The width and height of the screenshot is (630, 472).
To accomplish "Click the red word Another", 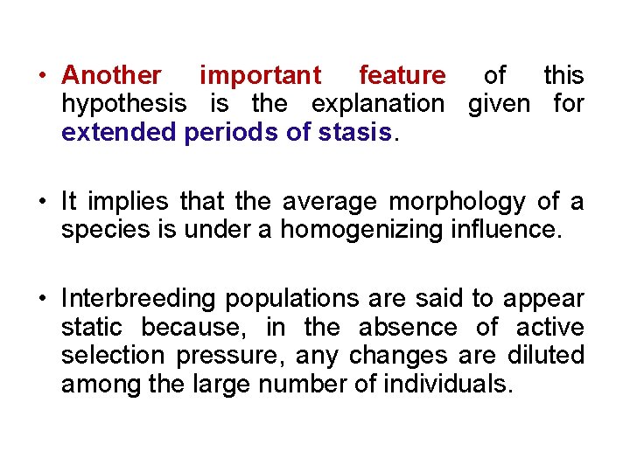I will (111, 76).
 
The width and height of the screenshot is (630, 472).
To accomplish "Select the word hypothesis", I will (123, 104).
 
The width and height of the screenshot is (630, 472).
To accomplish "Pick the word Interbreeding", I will (139, 299).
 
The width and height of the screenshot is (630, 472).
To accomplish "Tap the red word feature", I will (402, 76).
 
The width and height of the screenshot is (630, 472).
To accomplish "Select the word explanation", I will (378, 104).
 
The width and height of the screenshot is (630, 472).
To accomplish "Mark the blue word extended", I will (118, 133).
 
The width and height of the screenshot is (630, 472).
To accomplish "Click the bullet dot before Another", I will (41, 76).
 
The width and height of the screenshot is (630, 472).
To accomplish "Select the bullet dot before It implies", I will (41, 202).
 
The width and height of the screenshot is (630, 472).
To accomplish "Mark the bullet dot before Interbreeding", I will (41, 299).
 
